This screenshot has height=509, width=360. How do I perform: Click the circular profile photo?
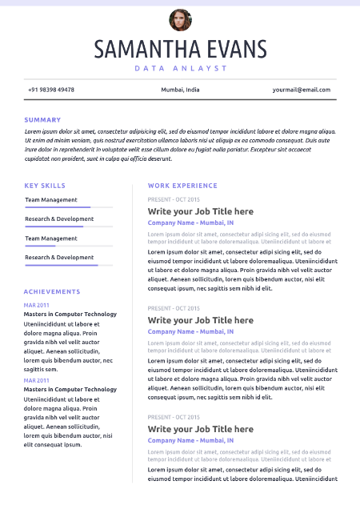(x=180, y=19)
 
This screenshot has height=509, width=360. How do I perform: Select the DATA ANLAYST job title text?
(x=180, y=68)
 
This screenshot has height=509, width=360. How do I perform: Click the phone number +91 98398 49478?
(x=51, y=90)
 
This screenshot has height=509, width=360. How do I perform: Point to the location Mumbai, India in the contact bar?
(x=180, y=90)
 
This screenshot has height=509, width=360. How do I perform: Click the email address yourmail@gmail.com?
(x=301, y=90)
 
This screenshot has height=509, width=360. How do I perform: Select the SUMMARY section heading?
(x=42, y=120)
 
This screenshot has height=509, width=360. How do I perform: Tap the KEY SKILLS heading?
(x=45, y=186)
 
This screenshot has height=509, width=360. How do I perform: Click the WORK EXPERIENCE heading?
(x=182, y=186)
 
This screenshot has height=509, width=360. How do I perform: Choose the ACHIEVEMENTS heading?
(x=52, y=292)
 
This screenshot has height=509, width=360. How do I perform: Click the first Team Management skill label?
(x=51, y=200)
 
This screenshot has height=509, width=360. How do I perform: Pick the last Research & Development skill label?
(x=59, y=258)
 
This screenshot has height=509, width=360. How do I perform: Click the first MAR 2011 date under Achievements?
(x=37, y=305)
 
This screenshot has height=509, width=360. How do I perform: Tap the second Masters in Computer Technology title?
(x=70, y=390)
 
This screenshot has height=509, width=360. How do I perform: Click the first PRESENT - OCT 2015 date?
(x=174, y=198)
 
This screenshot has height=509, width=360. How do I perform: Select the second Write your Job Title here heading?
(x=200, y=320)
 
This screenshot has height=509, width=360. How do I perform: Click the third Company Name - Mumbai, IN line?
(x=190, y=440)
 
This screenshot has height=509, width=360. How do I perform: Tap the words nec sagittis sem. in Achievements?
(x=41, y=370)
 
